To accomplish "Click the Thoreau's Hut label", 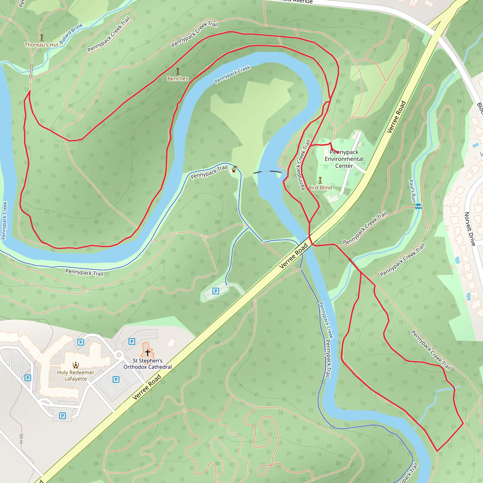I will point(42,45).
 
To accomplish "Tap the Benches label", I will point(178,79).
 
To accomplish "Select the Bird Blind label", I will point(320,187).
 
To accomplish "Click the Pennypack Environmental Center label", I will point(344,159).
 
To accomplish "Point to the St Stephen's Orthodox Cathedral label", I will point(147,364).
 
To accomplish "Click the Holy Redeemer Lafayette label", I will point(75,375).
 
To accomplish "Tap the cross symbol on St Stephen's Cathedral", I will point(147,353).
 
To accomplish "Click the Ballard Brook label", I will point(71,33).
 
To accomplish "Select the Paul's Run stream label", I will point(412,191).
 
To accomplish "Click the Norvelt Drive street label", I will point(470,229).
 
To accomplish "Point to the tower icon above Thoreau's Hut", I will point(42,37).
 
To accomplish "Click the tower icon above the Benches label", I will point(178,71).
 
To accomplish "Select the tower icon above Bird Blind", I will point(320,180).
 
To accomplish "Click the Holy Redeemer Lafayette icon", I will point(75,365).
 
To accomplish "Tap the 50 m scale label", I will point(21,438).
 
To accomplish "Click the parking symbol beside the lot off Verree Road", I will point(216,291).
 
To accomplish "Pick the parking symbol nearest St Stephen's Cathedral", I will point(132,341).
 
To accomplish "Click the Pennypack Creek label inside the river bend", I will point(233,74).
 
